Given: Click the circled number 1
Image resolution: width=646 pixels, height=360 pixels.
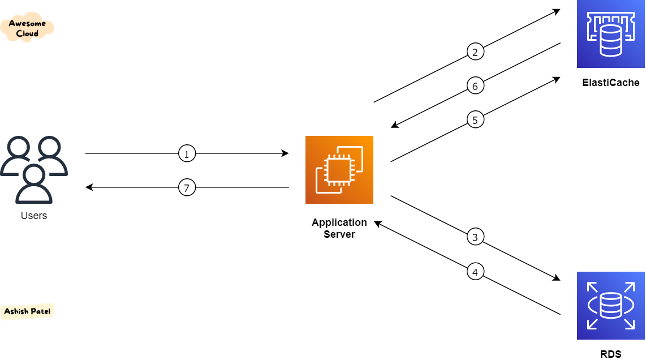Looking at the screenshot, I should (x=187, y=153).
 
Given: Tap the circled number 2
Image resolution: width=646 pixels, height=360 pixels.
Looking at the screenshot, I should (x=475, y=52).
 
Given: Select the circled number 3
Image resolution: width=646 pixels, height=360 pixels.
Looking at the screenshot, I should (x=475, y=237).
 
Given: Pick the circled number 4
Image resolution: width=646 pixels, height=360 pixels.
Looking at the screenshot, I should (x=475, y=272).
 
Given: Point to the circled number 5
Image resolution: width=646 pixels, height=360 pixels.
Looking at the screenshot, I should (x=475, y=120).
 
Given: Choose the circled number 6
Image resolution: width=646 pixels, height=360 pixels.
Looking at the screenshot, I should (x=475, y=86).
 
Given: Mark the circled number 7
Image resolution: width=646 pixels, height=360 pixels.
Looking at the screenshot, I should (x=187, y=187).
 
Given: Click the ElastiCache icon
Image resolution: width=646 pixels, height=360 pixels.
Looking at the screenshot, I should (x=610, y=34).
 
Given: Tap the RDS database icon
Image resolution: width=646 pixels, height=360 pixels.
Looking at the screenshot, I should (x=610, y=306).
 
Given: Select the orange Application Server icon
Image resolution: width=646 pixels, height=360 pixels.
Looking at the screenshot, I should (x=339, y=170).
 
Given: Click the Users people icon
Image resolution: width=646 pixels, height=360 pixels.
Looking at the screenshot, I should (x=34, y=169).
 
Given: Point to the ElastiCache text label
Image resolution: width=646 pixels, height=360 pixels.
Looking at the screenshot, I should (x=610, y=83).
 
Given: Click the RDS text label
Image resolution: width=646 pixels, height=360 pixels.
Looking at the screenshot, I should (x=610, y=355).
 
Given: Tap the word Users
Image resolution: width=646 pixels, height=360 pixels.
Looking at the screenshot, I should (x=34, y=216).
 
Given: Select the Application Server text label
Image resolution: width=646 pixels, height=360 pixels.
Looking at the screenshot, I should (x=339, y=228).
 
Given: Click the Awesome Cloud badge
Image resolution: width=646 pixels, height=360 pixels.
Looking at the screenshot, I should (x=27, y=28).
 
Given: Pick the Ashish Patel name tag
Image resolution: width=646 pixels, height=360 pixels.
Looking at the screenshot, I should (x=28, y=311).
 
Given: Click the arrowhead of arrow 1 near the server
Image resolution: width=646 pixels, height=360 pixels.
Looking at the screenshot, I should (x=286, y=153).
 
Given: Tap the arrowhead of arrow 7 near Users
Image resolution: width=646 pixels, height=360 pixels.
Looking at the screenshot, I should (x=89, y=187).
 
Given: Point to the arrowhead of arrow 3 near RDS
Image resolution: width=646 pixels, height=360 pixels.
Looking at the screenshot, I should (x=557, y=278).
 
